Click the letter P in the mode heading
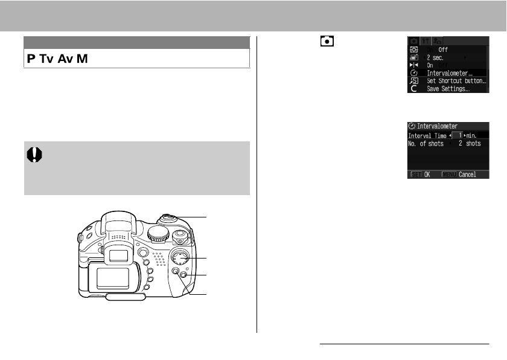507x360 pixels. tap(31, 59)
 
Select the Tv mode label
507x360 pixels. tap(46, 59)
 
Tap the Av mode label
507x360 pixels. tap(66, 59)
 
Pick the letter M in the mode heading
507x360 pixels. tap(82, 59)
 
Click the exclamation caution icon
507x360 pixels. tap(34, 155)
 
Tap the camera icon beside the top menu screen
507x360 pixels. tap(327, 42)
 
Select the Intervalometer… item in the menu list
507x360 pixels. tap(450, 73)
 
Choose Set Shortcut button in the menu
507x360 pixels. tap(456, 81)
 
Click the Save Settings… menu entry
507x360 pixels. tap(448, 89)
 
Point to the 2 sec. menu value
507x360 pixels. tap(435, 57)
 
